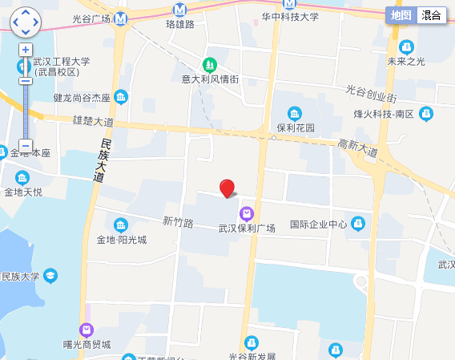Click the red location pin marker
click(x=227, y=188)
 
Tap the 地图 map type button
click(x=401, y=15)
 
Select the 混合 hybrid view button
click(x=431, y=15)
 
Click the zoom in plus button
click(x=26, y=50)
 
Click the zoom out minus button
click(x=26, y=146)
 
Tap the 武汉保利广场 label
click(x=247, y=228)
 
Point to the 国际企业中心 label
click(x=318, y=224)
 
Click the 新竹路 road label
click(x=178, y=222)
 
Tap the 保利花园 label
click(x=296, y=127)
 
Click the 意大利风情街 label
click(x=210, y=79)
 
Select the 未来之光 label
click(x=406, y=61)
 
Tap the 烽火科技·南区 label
click(x=384, y=114)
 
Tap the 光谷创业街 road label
click(x=371, y=93)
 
